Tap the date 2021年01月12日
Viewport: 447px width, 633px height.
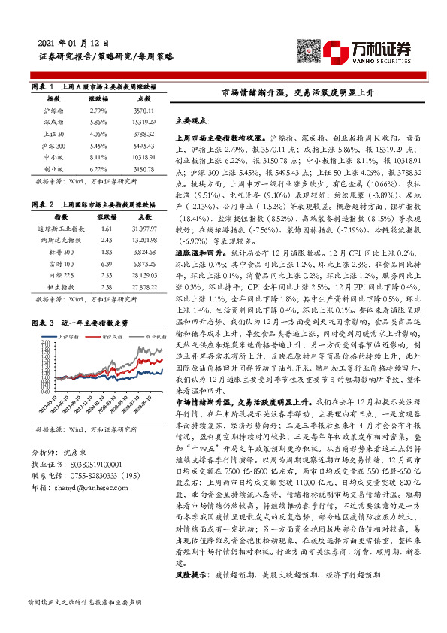pos(73,44)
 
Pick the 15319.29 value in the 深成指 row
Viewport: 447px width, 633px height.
pos(143,123)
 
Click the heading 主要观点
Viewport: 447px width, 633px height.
pos(192,120)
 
